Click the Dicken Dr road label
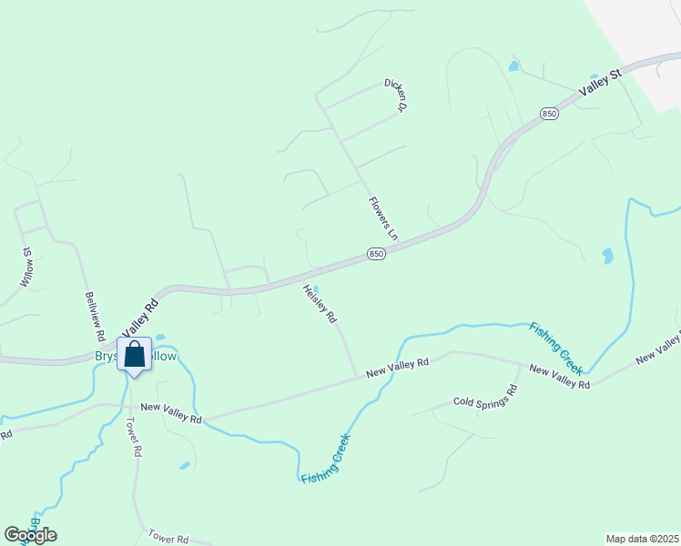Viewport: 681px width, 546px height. click(393, 95)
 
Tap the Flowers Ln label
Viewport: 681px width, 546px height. click(383, 217)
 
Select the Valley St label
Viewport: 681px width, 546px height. click(600, 84)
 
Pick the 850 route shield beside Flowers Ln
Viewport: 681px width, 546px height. click(377, 254)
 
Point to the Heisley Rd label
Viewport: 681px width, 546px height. click(320, 304)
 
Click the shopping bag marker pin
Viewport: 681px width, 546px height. click(134, 356)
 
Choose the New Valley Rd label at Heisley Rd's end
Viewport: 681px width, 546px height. click(397, 369)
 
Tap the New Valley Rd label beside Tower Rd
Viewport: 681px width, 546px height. click(170, 413)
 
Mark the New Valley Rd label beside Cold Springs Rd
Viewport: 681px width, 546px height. click(559, 378)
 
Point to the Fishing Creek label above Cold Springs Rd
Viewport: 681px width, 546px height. click(556, 348)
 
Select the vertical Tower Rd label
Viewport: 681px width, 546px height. click(133, 437)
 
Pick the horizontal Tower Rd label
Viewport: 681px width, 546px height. click(169, 539)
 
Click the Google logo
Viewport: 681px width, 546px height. click(30, 534)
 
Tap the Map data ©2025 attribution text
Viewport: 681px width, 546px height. click(642, 539)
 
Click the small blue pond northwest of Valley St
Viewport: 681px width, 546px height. click(513, 66)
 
